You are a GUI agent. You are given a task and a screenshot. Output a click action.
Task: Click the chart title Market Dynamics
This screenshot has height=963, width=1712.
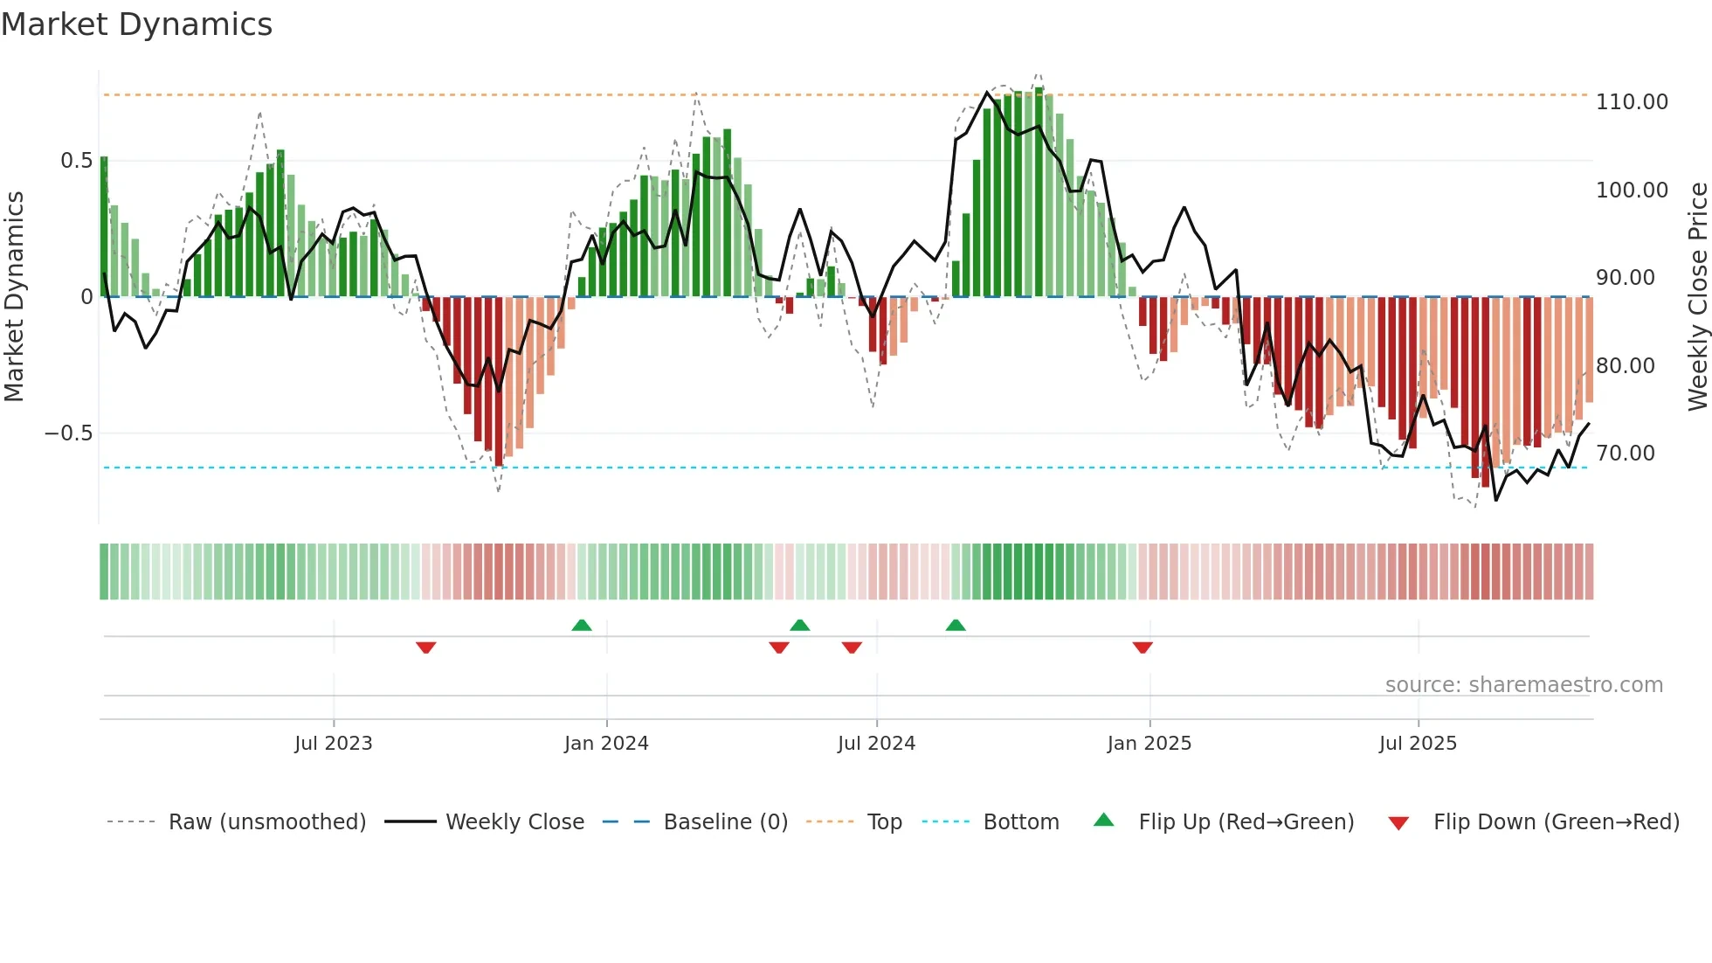(x=136, y=24)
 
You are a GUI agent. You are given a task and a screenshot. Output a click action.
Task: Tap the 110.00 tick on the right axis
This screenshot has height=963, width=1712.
(x=1631, y=102)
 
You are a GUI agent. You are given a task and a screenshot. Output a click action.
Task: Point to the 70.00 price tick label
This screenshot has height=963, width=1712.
(x=1625, y=454)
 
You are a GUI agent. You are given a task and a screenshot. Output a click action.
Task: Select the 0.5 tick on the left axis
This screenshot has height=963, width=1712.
(x=76, y=161)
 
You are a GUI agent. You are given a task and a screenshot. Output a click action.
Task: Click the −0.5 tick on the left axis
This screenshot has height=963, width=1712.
(x=68, y=433)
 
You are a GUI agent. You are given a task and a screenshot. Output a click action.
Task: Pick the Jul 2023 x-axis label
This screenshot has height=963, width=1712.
(x=333, y=744)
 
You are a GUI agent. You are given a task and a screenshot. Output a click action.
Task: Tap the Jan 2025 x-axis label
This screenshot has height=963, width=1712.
(x=1149, y=744)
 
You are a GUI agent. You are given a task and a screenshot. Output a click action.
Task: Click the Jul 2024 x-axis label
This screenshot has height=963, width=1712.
(x=876, y=744)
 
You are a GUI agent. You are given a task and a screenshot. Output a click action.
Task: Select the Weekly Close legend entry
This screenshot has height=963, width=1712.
(x=514, y=822)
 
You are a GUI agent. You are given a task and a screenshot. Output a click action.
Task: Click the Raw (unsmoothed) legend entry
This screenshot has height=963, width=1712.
(x=266, y=822)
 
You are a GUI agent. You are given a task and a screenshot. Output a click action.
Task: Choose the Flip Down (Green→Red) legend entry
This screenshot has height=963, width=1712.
(x=1556, y=822)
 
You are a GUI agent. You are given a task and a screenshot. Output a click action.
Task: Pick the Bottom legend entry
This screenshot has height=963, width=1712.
(x=1020, y=822)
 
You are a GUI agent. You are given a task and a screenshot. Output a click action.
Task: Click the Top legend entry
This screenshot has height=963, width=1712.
(x=884, y=822)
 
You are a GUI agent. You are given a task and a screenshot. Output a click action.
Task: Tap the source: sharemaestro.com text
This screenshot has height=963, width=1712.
(x=1523, y=685)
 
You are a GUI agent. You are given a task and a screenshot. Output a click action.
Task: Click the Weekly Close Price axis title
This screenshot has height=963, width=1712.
(x=1697, y=296)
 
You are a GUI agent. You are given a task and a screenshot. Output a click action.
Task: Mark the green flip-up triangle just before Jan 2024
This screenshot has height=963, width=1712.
(x=582, y=625)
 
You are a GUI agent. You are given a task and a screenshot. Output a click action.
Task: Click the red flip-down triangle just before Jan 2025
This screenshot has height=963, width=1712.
(x=1142, y=648)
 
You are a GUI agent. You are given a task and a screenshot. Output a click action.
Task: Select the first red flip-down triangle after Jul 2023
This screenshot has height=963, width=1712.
(x=426, y=648)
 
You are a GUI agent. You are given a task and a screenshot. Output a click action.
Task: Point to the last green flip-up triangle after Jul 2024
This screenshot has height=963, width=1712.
(x=956, y=625)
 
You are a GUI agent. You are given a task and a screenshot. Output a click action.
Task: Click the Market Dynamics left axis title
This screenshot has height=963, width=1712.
(x=14, y=296)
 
